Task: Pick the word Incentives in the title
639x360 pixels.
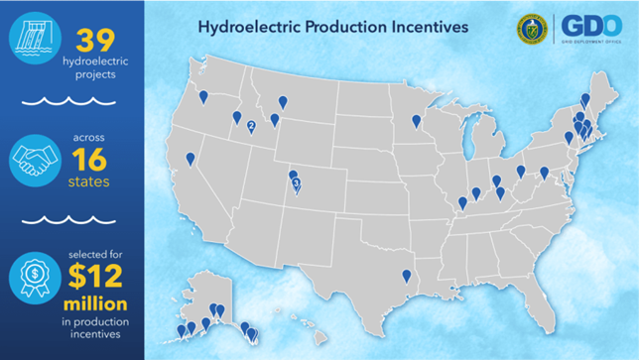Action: point(424,26)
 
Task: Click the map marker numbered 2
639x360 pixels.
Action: point(251,125)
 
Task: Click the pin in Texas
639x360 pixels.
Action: point(406,276)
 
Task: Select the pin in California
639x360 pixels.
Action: point(191,158)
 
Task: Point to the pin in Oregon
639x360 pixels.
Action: point(203,96)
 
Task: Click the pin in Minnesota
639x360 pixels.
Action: point(416,122)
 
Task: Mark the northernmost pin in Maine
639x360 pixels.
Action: point(585,99)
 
